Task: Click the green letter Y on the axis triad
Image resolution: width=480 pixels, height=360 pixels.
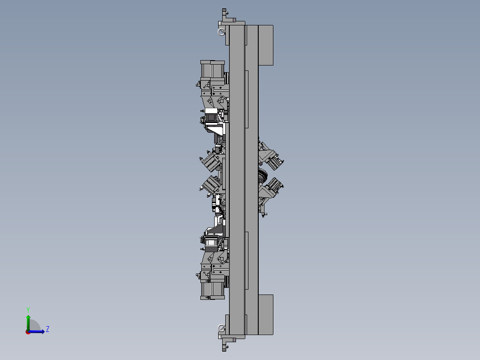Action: (28, 310)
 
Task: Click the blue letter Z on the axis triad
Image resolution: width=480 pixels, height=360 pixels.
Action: (48, 329)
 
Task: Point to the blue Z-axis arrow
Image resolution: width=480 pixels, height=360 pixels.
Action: (37, 331)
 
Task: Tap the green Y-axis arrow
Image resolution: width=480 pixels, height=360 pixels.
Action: (28, 323)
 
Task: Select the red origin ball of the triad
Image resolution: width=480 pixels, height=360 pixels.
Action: (28, 332)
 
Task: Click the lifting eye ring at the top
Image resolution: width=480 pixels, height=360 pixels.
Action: (221, 32)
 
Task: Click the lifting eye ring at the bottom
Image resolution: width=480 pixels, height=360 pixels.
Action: (221, 328)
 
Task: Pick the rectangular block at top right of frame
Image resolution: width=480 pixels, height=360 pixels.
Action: (266, 45)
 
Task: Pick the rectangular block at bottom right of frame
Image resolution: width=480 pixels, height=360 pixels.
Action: (266, 315)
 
